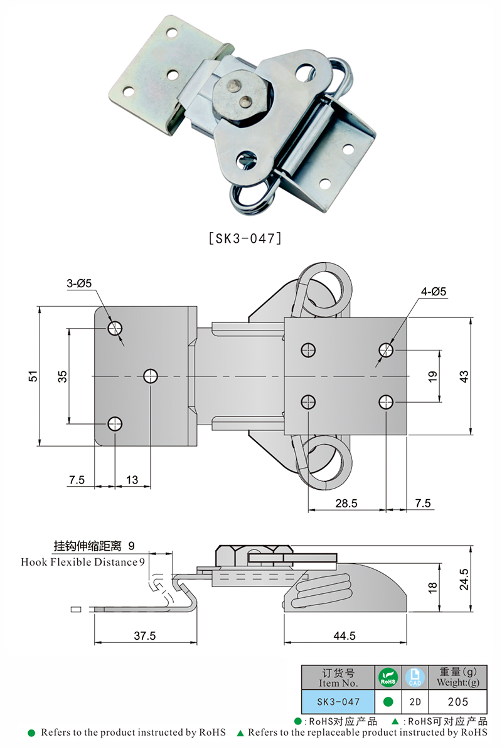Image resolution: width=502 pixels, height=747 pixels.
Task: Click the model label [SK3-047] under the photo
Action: point(244,239)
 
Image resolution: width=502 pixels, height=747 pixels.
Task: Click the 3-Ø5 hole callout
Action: point(79,283)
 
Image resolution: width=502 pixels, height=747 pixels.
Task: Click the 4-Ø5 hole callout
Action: point(434,291)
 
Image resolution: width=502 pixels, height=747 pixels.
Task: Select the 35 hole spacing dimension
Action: point(62,376)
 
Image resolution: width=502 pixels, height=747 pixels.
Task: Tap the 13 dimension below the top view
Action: point(132,480)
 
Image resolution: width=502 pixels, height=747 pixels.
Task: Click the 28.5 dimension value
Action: point(346,503)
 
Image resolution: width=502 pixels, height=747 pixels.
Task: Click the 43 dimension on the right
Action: point(464,376)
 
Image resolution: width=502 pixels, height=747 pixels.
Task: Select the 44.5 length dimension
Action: point(344,635)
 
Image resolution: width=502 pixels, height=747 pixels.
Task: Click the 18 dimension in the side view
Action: point(431,588)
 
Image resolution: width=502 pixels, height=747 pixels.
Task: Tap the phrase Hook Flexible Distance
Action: point(78,562)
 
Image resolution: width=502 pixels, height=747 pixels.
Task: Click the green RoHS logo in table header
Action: point(387,677)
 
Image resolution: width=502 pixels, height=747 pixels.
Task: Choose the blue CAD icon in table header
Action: point(413,677)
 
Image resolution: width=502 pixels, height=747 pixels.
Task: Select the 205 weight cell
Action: point(457,701)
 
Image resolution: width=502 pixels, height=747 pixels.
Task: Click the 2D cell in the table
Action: point(413,701)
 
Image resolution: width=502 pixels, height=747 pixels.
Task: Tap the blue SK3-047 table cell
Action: point(338,701)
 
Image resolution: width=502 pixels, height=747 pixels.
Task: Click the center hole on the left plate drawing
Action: point(151,376)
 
